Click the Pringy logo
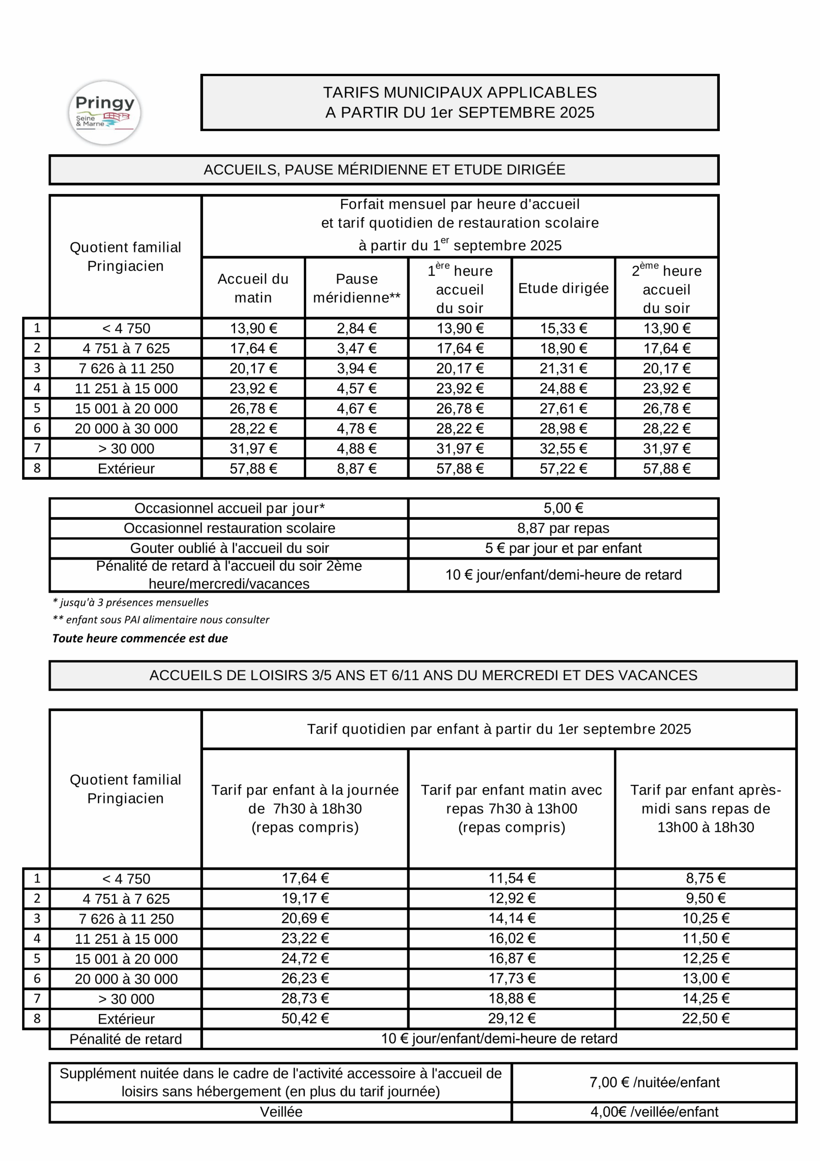[x=105, y=112]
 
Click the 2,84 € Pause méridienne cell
[x=357, y=329]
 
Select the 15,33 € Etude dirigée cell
[x=563, y=329]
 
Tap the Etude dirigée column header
[x=563, y=288]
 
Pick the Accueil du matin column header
[x=253, y=288]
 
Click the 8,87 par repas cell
[x=563, y=528]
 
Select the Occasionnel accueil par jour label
[x=229, y=508]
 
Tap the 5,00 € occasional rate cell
[x=563, y=508]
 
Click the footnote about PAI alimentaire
[x=161, y=620]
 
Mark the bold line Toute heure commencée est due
[x=140, y=638]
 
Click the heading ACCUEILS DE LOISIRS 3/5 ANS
[x=423, y=676]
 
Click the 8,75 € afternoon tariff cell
[x=706, y=878]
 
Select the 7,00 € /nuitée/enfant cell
[x=654, y=1082]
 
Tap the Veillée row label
[x=281, y=1112]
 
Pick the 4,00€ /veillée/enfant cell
[x=654, y=1112]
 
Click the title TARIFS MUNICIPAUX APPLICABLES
[x=460, y=93]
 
